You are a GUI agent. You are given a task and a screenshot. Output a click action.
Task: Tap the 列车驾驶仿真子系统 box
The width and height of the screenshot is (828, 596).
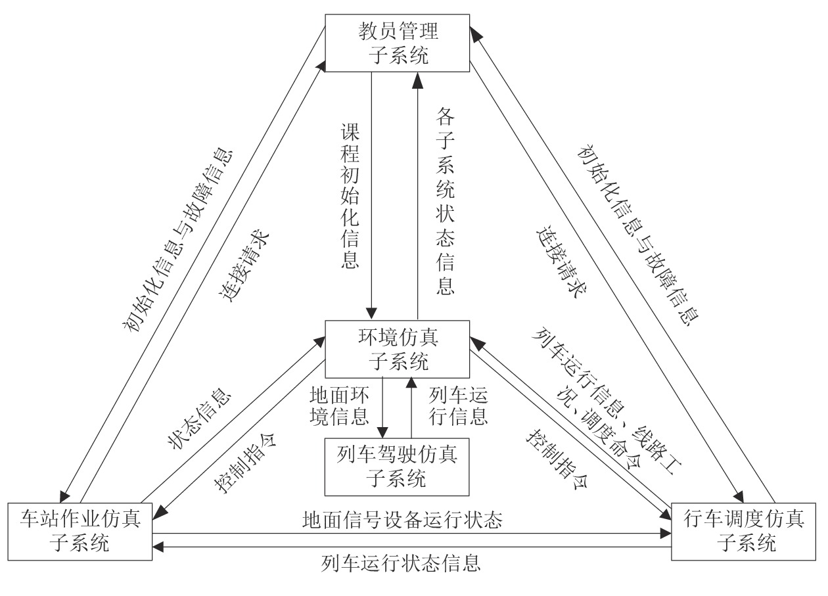point(397,467)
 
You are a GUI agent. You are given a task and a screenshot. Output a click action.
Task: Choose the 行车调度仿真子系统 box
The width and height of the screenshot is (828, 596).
point(746,531)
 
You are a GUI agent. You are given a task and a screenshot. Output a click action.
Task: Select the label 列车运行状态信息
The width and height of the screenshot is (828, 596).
point(402,563)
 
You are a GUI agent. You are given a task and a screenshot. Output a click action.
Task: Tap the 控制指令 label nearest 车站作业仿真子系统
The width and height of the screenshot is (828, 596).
point(245,463)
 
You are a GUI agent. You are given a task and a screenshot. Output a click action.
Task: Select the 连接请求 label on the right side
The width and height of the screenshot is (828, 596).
point(561,262)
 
